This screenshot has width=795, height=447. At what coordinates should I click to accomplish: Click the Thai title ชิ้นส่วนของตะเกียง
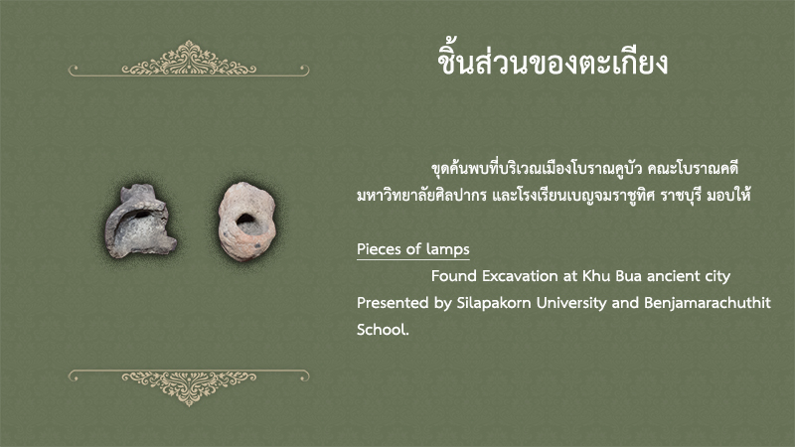[x=553, y=63]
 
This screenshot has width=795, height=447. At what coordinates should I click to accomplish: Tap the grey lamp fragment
[x=139, y=223]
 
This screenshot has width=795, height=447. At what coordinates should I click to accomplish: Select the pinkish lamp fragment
[x=246, y=222]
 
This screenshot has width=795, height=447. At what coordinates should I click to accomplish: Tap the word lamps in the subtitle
[x=448, y=249]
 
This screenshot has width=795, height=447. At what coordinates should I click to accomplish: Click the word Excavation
[x=520, y=276]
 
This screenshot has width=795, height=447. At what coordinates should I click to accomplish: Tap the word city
[x=715, y=277]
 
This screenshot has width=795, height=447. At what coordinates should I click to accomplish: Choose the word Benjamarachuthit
[x=708, y=303]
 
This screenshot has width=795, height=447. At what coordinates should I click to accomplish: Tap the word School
[x=383, y=330]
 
